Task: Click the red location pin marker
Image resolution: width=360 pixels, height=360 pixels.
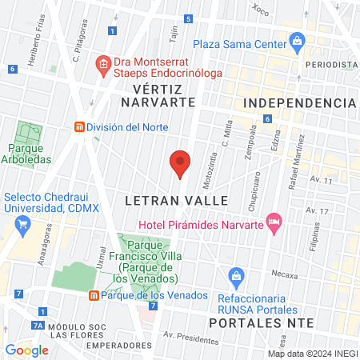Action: pyautogui.click(x=180, y=163)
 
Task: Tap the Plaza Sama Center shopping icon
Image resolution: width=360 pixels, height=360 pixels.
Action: pyautogui.click(x=298, y=39)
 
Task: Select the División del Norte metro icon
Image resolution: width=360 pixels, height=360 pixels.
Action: pyautogui.click(x=78, y=126)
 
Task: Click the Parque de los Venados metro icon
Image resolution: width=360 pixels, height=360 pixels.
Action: pyautogui.click(x=94, y=295)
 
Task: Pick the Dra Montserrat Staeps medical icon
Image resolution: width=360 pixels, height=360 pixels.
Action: pyautogui.click(x=102, y=63)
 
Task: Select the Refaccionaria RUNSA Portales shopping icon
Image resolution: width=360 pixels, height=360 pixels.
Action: pyautogui.click(x=236, y=278)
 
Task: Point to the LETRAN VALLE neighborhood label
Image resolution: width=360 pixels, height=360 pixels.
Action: pyautogui.click(x=177, y=200)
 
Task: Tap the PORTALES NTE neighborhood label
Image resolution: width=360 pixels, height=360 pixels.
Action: pyautogui.click(x=257, y=322)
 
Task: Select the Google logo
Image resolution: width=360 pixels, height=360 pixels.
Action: pyautogui.click(x=27, y=350)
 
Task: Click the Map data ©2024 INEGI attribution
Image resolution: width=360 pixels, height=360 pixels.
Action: pyautogui.click(x=312, y=354)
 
